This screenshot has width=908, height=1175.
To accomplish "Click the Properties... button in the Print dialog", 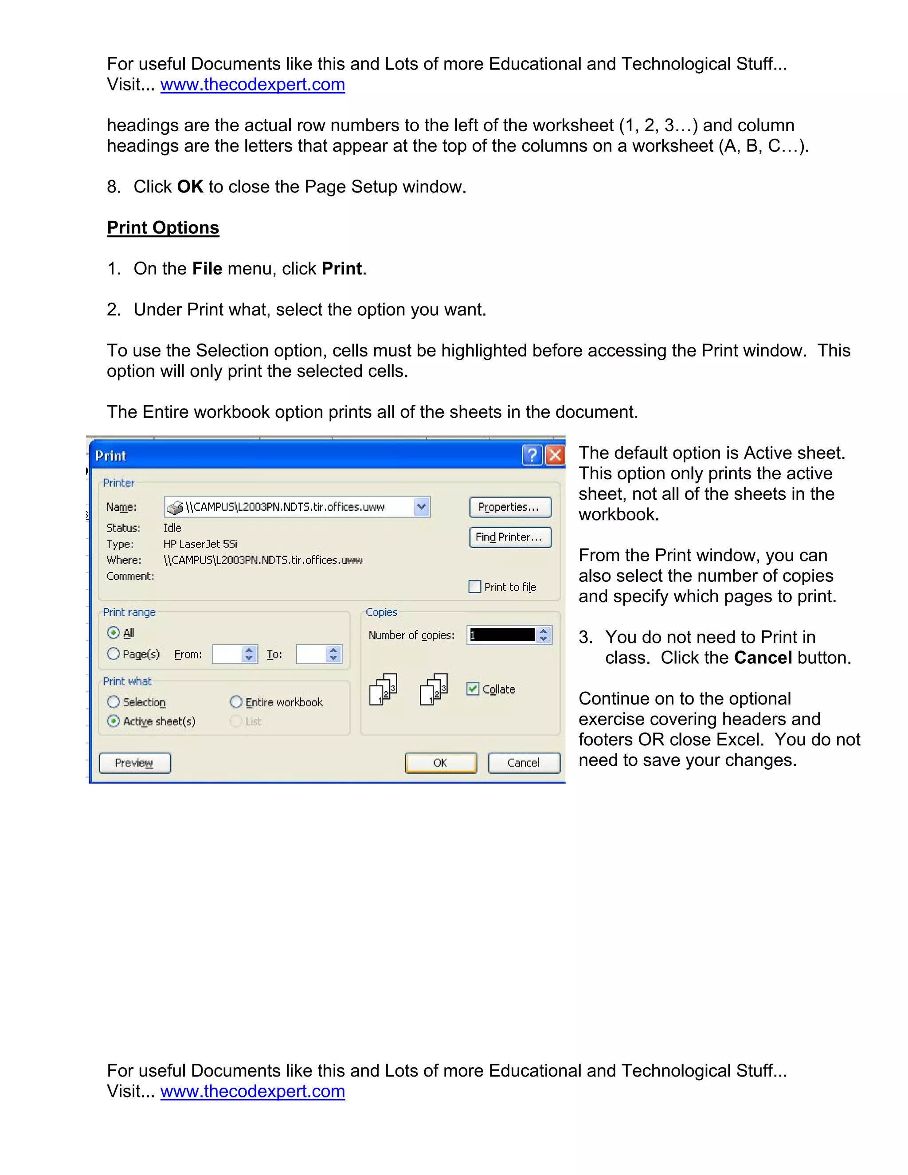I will pyautogui.click(x=510, y=507).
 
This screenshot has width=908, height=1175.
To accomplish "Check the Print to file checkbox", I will pyautogui.click(x=475, y=587).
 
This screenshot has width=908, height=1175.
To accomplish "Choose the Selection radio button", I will pyautogui.click(x=113, y=702).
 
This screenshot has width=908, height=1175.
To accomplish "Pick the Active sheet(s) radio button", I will pyautogui.click(x=113, y=721).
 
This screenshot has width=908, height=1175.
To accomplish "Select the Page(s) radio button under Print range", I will pyautogui.click(x=113, y=654).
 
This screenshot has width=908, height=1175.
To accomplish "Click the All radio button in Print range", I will pyautogui.click(x=113, y=633).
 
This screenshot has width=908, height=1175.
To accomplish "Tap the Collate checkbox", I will pyautogui.click(x=473, y=689).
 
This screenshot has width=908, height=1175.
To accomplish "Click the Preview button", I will pyautogui.click(x=134, y=763).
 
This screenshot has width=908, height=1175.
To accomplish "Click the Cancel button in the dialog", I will pyautogui.click(x=524, y=763).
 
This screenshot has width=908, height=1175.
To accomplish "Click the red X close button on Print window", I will pyautogui.click(x=555, y=455).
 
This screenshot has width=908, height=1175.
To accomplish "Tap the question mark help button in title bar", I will pyautogui.click(x=532, y=455).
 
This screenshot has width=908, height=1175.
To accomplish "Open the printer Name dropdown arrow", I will pyautogui.click(x=421, y=507).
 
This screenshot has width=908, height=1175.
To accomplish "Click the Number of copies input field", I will pyautogui.click(x=501, y=635).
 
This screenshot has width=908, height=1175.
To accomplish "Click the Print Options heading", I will pyautogui.click(x=163, y=227).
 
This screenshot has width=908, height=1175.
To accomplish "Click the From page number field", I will pyautogui.click(x=227, y=654).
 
